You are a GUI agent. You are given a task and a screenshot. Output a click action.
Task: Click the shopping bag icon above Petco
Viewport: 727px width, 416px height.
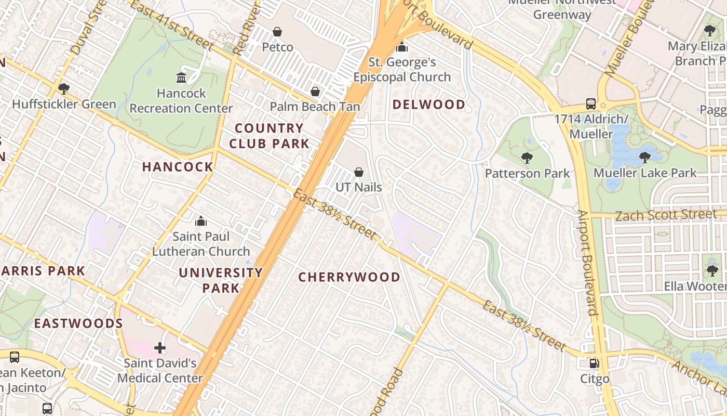click(x=277, y=32)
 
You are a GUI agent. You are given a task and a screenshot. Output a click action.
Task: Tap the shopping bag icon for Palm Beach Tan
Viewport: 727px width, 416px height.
click(x=315, y=92)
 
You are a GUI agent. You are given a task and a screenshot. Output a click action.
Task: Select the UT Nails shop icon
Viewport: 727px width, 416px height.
click(x=358, y=172)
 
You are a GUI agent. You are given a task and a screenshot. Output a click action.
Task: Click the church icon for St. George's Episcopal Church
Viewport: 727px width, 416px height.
click(x=401, y=47)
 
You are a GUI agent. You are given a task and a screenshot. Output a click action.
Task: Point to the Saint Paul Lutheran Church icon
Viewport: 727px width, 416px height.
click(x=201, y=222)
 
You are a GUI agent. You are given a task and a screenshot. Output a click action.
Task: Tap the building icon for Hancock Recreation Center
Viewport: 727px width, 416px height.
click(x=181, y=78)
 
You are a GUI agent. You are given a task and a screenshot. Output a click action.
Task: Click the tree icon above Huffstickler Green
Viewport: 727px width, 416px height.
click(x=64, y=88)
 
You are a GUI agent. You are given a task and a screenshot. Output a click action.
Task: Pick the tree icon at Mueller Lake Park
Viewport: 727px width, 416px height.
click(x=644, y=157)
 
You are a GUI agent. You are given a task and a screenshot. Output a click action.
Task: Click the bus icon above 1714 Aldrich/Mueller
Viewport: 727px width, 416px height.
click(x=591, y=103)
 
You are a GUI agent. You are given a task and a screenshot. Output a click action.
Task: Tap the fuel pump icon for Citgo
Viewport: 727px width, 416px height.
click(x=594, y=363)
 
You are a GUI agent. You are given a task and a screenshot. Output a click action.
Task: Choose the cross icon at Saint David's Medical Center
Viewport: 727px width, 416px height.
click(x=160, y=347)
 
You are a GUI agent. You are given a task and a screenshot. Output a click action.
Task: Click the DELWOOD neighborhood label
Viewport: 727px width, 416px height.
click(x=428, y=105)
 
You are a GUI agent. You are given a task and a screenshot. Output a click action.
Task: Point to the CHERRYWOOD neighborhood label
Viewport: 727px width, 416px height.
click(x=349, y=277)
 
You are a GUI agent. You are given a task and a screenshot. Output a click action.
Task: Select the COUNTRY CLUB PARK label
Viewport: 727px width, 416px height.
click(x=269, y=136)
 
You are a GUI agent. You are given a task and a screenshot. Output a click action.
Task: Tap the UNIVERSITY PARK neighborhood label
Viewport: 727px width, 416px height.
click(x=221, y=280)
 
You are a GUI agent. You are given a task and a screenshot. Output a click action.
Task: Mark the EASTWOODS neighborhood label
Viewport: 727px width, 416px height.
click(x=78, y=323)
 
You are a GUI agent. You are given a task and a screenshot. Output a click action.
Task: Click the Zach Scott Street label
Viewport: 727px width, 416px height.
click(x=666, y=215)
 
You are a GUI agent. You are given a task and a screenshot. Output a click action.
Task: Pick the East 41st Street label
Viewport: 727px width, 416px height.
click(x=171, y=25)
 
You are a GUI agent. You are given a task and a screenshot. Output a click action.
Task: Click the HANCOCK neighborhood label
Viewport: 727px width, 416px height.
click(x=178, y=167)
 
